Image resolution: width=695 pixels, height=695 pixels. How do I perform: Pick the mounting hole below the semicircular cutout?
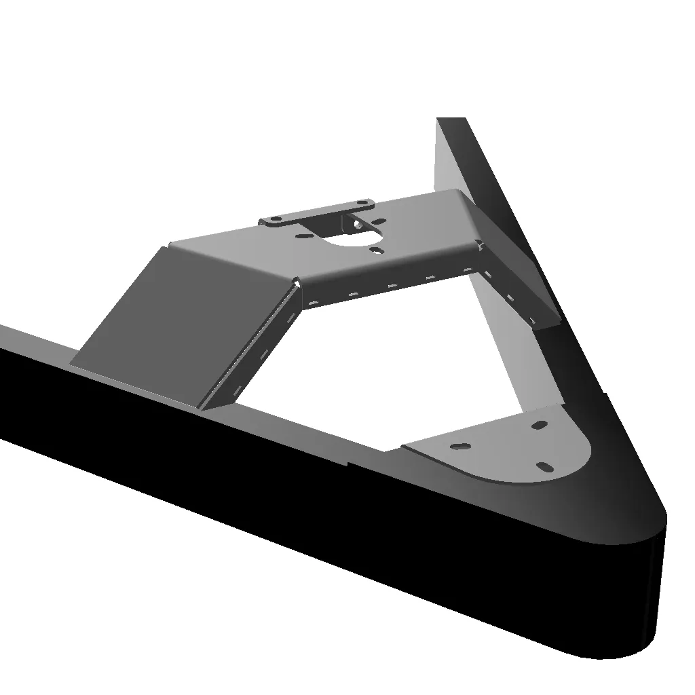[x=377, y=250]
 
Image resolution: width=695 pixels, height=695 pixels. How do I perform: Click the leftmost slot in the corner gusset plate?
[x=460, y=447]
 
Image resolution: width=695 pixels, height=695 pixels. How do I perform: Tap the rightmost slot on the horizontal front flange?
[x=468, y=269]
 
